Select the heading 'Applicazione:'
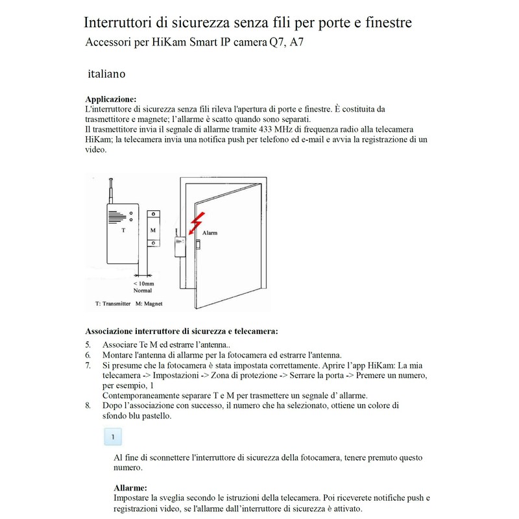[111, 99]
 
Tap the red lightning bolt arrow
[196, 223]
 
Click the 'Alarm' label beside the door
[211, 232]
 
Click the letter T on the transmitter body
[124, 230]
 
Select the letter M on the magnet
[152, 230]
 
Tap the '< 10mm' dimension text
[143, 284]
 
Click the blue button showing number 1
[114, 437]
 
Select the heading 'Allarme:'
[130, 487]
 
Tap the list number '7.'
[88, 366]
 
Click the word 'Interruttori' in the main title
[125, 23]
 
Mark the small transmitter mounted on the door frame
[178, 248]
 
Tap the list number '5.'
[88, 344]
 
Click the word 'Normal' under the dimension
[142, 291]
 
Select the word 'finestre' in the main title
[385, 23]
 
